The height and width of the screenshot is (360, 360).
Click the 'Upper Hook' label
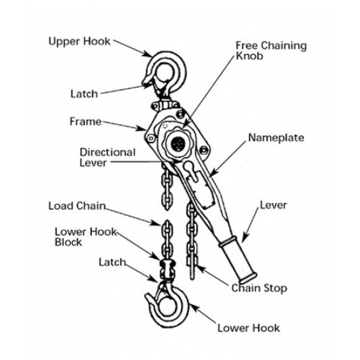(79, 42)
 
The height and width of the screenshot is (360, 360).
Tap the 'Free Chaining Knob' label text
(271, 51)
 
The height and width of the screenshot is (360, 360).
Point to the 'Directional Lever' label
(108, 157)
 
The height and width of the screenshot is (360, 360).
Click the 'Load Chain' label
(76, 206)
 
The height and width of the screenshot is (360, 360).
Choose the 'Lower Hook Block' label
(85, 237)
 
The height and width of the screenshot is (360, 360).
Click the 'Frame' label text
(85, 121)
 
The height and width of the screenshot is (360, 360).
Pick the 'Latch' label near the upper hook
(84, 94)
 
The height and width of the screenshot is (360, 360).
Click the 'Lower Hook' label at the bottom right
(248, 327)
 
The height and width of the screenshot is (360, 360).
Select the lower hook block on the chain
(166, 269)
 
